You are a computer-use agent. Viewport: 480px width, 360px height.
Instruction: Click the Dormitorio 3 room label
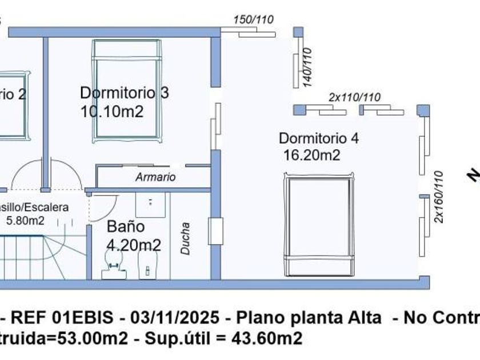[x=124, y=93]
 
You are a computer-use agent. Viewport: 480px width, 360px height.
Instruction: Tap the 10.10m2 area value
[x=112, y=111]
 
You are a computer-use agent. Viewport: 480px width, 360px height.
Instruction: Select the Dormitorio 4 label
[x=318, y=138]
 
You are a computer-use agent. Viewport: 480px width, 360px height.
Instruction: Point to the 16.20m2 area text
[x=312, y=155]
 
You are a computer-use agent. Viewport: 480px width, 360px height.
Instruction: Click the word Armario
[x=155, y=177]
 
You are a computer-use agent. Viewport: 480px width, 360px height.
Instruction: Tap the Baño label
[x=126, y=226]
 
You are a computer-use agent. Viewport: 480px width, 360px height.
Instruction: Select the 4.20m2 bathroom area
[x=134, y=245]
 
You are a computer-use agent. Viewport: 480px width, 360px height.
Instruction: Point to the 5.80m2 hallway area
[x=25, y=220]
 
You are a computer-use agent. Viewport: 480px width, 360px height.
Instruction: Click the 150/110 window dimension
[x=253, y=19]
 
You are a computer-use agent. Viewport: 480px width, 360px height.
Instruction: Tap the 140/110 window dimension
[x=307, y=67]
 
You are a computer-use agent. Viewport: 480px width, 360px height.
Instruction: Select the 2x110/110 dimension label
[x=354, y=97]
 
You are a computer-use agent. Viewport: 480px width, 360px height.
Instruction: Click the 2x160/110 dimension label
[x=439, y=197]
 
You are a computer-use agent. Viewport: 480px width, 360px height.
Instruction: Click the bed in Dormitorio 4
[x=319, y=224]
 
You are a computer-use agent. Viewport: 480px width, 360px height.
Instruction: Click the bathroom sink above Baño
[x=150, y=203]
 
